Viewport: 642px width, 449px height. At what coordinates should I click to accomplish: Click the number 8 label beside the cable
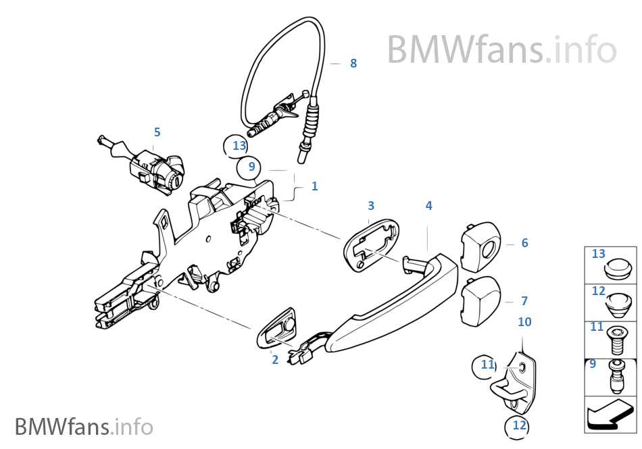[x=353, y=63]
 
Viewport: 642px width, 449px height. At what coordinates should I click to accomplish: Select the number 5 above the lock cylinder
[x=157, y=132]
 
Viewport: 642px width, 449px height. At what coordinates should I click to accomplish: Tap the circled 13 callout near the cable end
[x=239, y=145]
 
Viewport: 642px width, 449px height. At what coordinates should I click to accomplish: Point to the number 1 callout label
[x=314, y=186]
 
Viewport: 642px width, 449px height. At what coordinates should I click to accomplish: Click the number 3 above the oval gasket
[x=371, y=205]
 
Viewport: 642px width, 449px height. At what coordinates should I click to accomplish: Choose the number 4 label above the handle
[x=428, y=205]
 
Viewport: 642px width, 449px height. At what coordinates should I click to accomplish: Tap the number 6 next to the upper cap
[x=524, y=243]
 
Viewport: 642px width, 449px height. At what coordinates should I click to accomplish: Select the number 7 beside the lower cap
[x=524, y=301]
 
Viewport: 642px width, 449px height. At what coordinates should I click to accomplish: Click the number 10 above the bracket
[x=524, y=322]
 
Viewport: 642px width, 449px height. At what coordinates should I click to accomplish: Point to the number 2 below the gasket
[x=275, y=360]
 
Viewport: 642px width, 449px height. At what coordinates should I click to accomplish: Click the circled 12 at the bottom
[x=518, y=425]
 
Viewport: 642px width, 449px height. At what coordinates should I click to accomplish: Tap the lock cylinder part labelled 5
[x=155, y=169]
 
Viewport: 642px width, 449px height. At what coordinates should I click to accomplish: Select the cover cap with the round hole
[x=481, y=245]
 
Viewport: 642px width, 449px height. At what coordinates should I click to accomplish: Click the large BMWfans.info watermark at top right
[x=501, y=49]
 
